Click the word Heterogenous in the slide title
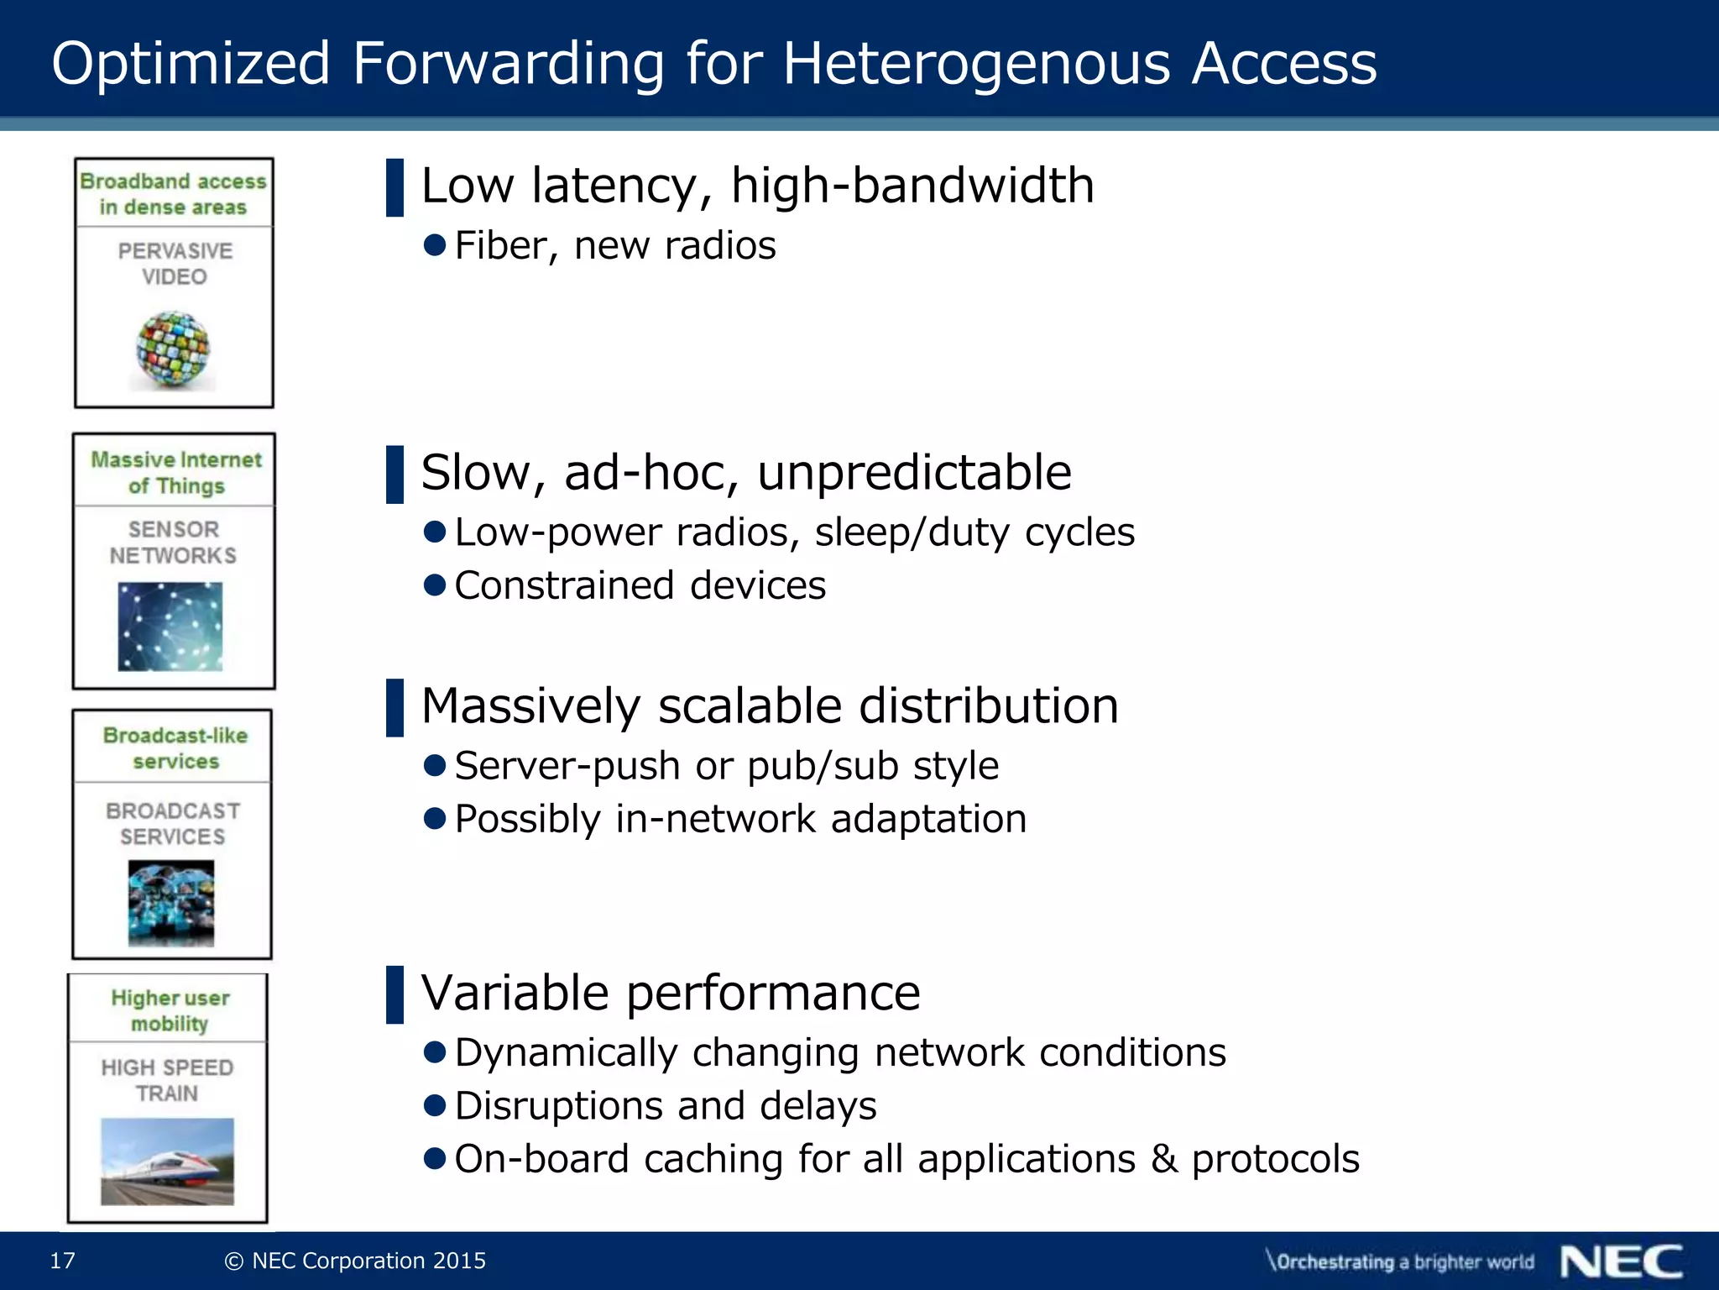[x=976, y=64]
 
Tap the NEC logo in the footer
[x=1621, y=1261]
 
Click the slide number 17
[x=63, y=1261]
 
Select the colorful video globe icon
[x=173, y=349]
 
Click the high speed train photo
[x=167, y=1161]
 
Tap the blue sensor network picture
[x=170, y=627]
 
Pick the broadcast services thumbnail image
[x=171, y=903]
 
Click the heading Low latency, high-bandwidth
[x=757, y=186]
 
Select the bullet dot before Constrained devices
[x=435, y=585]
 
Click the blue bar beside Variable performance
[x=394, y=994]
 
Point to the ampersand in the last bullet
[x=1164, y=1159]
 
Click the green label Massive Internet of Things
[x=176, y=473]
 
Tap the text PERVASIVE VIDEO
[x=175, y=264]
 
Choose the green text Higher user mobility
[x=170, y=1010]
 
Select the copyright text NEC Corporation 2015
[x=368, y=1261]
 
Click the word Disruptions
[x=558, y=1106]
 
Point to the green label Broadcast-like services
[x=175, y=748]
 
